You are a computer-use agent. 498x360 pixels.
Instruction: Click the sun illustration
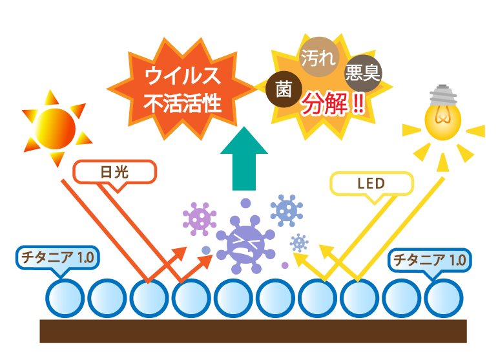click(55, 128)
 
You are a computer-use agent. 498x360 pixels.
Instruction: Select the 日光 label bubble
click(115, 172)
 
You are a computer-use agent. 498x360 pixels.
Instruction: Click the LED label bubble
click(371, 184)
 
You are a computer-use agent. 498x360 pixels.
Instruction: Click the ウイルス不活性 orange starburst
click(183, 89)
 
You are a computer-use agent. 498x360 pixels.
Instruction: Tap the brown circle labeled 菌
click(284, 90)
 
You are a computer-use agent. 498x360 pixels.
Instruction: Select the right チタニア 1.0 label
click(430, 260)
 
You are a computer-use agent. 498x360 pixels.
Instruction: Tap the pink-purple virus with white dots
click(200, 218)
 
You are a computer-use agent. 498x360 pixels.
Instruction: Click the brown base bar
click(253, 330)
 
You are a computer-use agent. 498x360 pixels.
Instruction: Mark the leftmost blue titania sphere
click(65, 298)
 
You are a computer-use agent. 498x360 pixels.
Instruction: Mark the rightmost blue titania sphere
click(444, 298)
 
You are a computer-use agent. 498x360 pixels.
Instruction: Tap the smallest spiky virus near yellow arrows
click(298, 242)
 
